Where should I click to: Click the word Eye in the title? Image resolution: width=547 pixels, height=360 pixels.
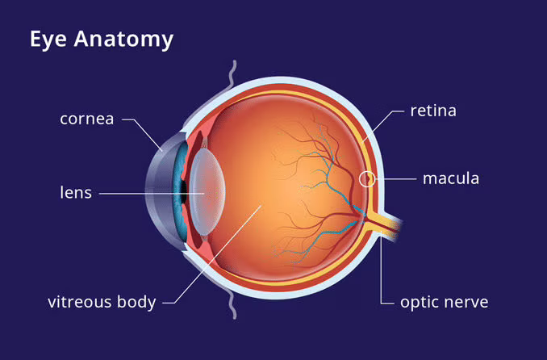(x=48, y=39)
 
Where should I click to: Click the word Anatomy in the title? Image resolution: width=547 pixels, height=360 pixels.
(x=123, y=39)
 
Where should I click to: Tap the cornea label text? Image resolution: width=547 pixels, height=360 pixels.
(x=87, y=119)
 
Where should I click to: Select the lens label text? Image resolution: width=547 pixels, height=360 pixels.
(x=76, y=192)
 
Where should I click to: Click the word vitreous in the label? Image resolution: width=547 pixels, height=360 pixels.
(x=80, y=302)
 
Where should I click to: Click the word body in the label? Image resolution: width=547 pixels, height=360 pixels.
(x=136, y=303)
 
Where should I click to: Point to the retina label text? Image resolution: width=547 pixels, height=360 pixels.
(x=433, y=111)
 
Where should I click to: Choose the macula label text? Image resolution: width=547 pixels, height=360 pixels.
(x=451, y=178)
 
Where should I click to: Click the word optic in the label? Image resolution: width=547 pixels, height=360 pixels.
(x=419, y=303)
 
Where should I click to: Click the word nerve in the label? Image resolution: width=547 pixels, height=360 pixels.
(x=466, y=303)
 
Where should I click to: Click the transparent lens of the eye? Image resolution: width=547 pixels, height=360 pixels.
(x=208, y=191)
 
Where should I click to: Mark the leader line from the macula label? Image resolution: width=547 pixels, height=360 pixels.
(x=396, y=178)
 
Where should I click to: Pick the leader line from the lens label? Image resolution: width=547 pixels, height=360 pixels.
(x=152, y=194)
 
